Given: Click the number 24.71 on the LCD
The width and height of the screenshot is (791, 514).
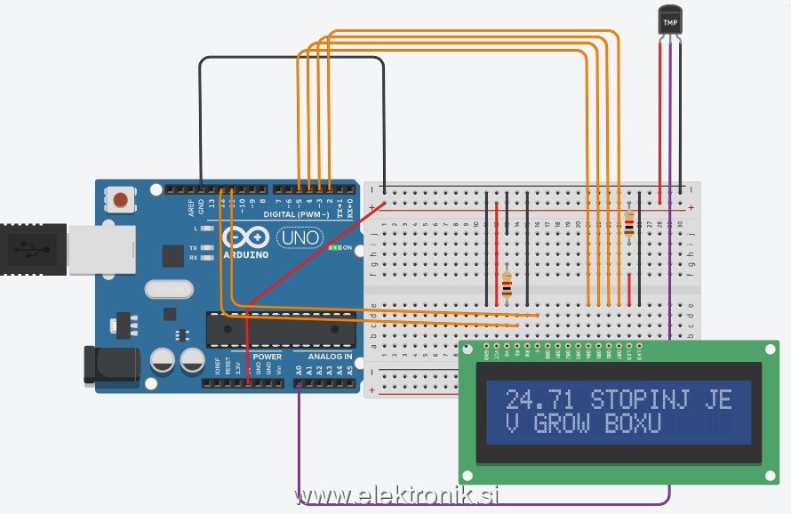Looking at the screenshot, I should pyautogui.click(x=540, y=399).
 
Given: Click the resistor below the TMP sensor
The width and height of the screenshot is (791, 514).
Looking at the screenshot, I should pyautogui.click(x=629, y=223).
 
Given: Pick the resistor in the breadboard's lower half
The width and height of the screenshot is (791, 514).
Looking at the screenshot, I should pyautogui.click(x=507, y=284).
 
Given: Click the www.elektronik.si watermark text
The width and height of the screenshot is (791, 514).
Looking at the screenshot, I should pyautogui.click(x=395, y=495).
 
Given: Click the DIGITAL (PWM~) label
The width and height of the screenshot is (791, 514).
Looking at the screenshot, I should pyautogui.click(x=298, y=215).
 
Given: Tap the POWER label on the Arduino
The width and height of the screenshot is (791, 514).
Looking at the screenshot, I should pyautogui.click(x=267, y=357).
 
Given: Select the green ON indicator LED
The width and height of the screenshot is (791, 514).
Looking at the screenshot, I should pyautogui.click(x=335, y=247).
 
